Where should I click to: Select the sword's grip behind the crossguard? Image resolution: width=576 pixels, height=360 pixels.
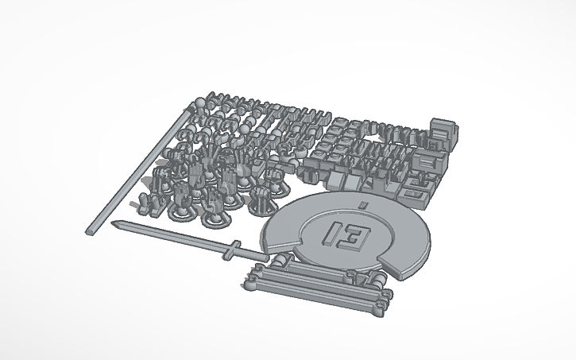[251, 254]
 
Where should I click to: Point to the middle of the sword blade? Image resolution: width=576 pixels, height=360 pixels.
[171, 236]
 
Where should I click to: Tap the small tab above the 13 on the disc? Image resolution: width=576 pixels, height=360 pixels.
[362, 206]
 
